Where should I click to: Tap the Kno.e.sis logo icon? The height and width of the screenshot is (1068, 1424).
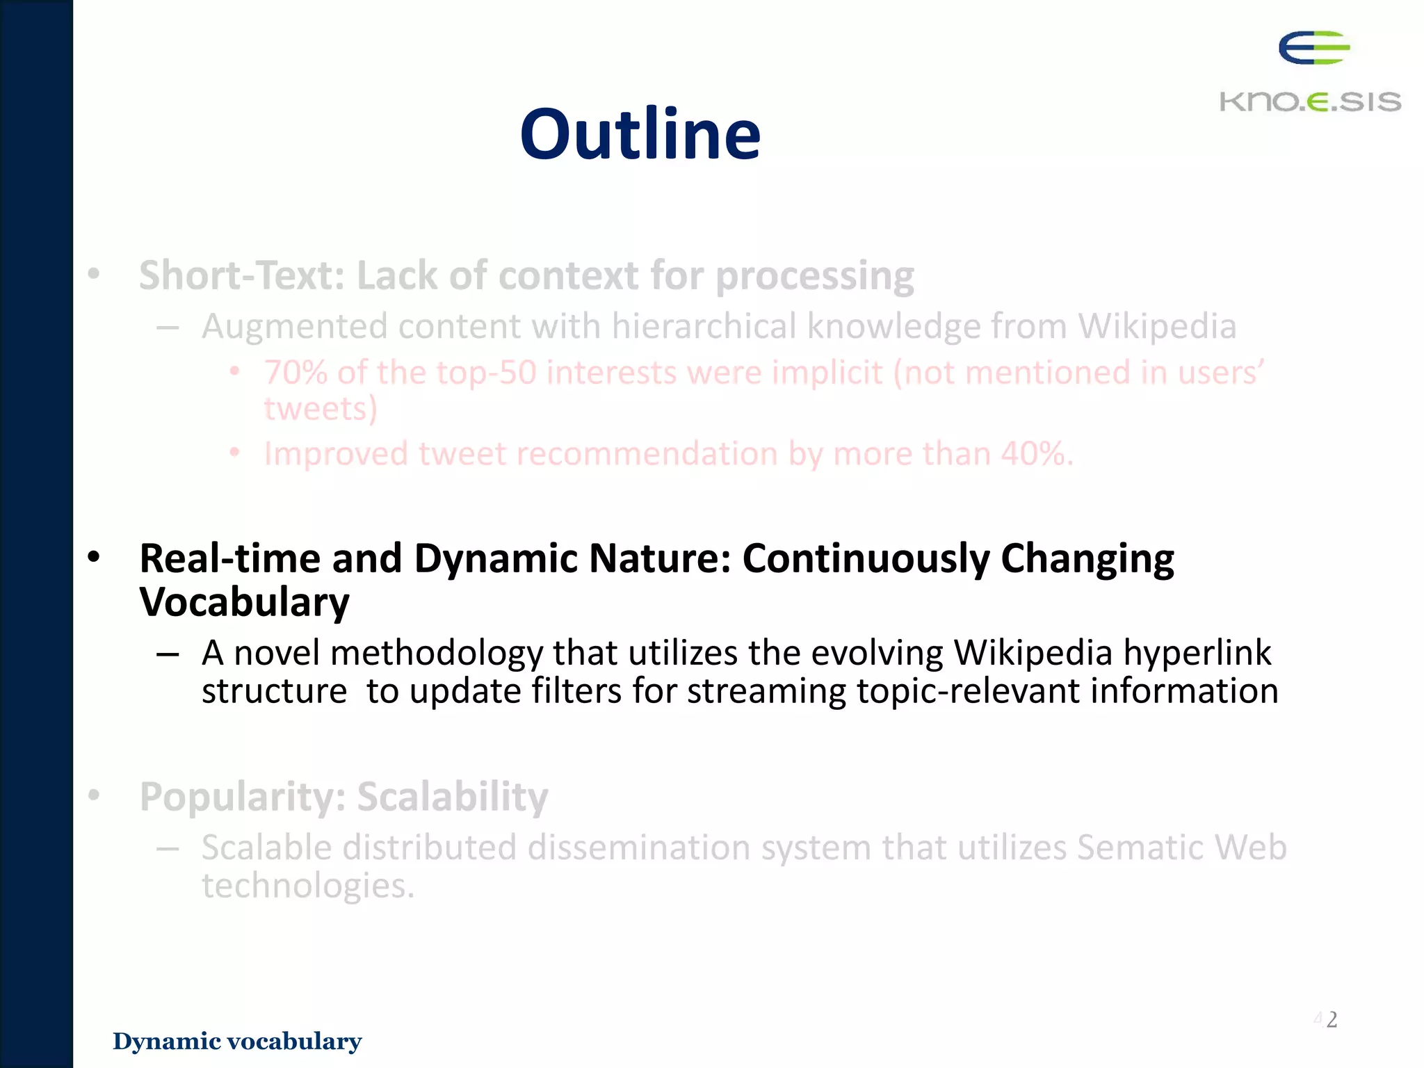tap(1313, 48)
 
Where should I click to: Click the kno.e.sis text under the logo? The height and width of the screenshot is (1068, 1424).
tap(1310, 102)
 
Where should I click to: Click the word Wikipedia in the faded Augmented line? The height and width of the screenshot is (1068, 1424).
tap(1157, 326)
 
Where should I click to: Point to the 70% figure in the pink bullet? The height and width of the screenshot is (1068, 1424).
tap(296, 373)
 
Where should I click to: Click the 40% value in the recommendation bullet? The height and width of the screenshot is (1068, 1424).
tap(1036, 454)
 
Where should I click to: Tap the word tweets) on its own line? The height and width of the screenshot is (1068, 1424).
tap(321, 408)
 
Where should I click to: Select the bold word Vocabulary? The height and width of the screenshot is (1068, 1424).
tap(244, 602)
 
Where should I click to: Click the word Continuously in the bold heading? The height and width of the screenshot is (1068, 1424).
tap(865, 558)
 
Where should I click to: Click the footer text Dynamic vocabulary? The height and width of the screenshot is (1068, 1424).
tap(237, 1042)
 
